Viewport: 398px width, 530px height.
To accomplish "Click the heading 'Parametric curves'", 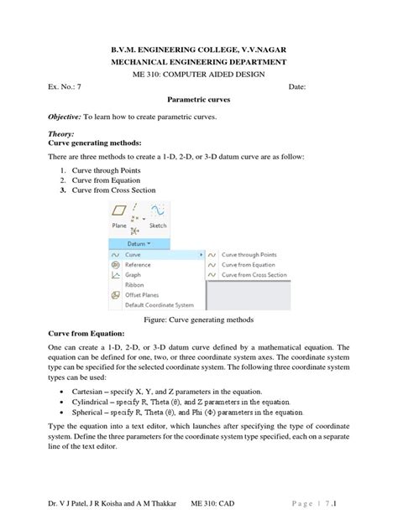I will (x=198, y=98).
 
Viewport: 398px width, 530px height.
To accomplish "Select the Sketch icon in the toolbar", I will (x=157, y=216).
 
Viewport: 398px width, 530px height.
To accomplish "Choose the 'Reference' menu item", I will (x=139, y=264).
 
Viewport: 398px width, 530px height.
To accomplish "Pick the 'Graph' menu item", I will (x=133, y=274).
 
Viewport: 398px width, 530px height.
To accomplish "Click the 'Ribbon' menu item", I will (x=134, y=285).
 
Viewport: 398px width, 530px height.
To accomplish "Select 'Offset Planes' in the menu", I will (x=142, y=295).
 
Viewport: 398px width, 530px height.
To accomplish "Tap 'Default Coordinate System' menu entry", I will (x=159, y=305).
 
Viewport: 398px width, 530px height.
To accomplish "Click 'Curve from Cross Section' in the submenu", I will (x=254, y=274).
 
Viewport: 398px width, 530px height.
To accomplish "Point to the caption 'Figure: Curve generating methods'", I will (x=198, y=320).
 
